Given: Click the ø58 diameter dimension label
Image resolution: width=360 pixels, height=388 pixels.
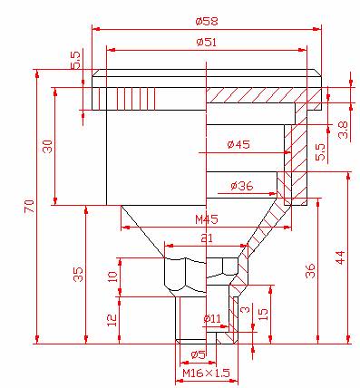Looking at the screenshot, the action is point(207,22).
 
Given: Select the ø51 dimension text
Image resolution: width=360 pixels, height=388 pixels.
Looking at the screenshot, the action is point(207,42).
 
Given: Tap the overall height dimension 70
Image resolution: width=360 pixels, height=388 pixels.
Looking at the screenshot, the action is point(29,207).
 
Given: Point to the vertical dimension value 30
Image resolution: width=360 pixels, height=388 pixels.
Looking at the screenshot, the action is point(48,146).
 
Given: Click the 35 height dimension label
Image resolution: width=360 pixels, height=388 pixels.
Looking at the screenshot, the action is point(79,274).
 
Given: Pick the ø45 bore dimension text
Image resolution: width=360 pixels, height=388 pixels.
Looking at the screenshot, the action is point(238,144).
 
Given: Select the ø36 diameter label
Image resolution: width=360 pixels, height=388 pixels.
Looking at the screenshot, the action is point(242,186).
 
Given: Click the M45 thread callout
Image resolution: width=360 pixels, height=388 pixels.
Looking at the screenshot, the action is point(207,219).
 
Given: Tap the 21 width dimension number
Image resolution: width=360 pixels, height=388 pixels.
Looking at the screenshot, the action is point(207,238).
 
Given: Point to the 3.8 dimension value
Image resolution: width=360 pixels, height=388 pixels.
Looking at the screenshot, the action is point(343,130).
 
